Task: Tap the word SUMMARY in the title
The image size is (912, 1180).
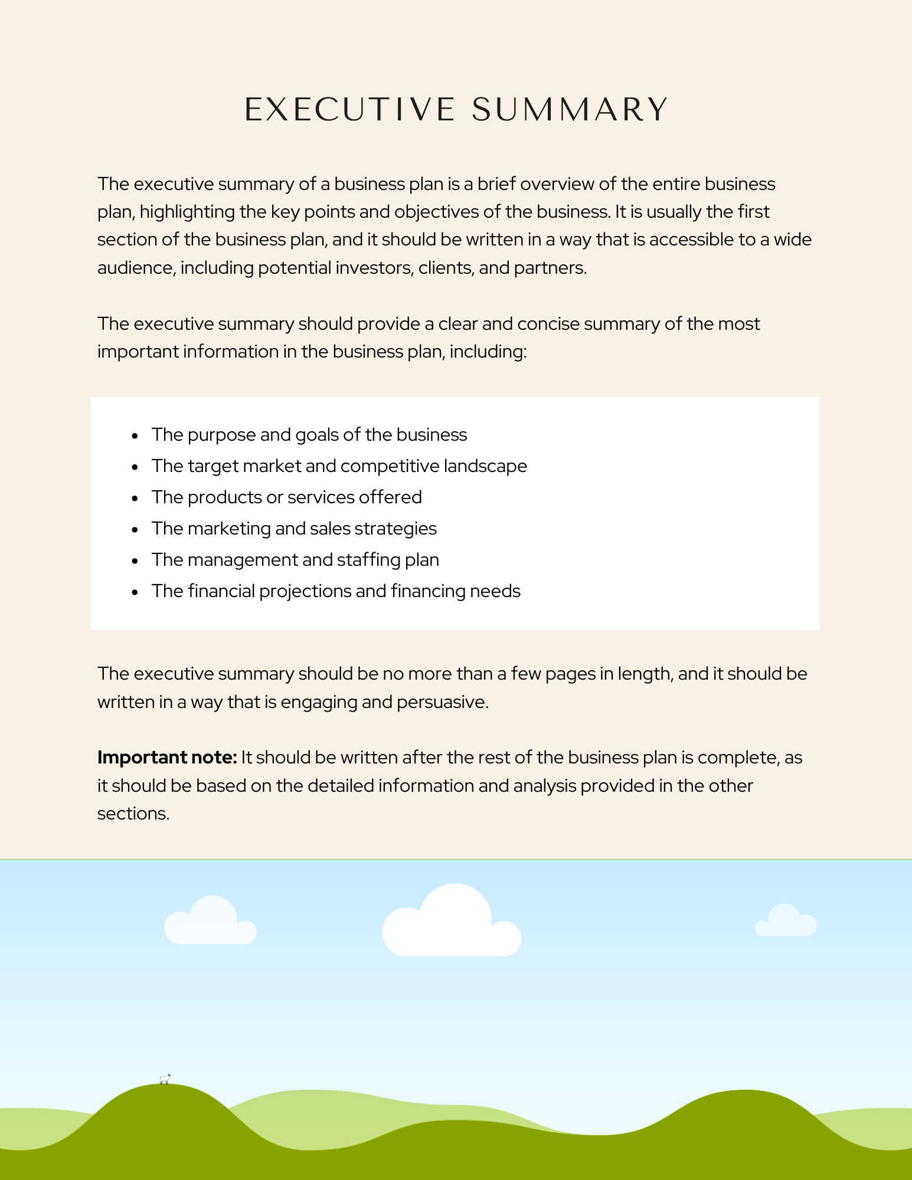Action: point(570,110)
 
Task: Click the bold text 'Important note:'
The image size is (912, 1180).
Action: point(167,757)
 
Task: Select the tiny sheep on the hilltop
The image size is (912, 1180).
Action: point(165,1080)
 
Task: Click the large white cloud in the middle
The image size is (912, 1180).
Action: point(452,923)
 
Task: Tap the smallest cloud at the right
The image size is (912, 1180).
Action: point(786,922)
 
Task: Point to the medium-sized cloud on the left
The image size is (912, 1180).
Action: point(210,922)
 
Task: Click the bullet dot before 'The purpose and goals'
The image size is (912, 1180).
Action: point(135,435)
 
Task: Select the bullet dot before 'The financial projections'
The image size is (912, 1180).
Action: point(135,592)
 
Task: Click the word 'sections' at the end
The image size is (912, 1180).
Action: point(133,814)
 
